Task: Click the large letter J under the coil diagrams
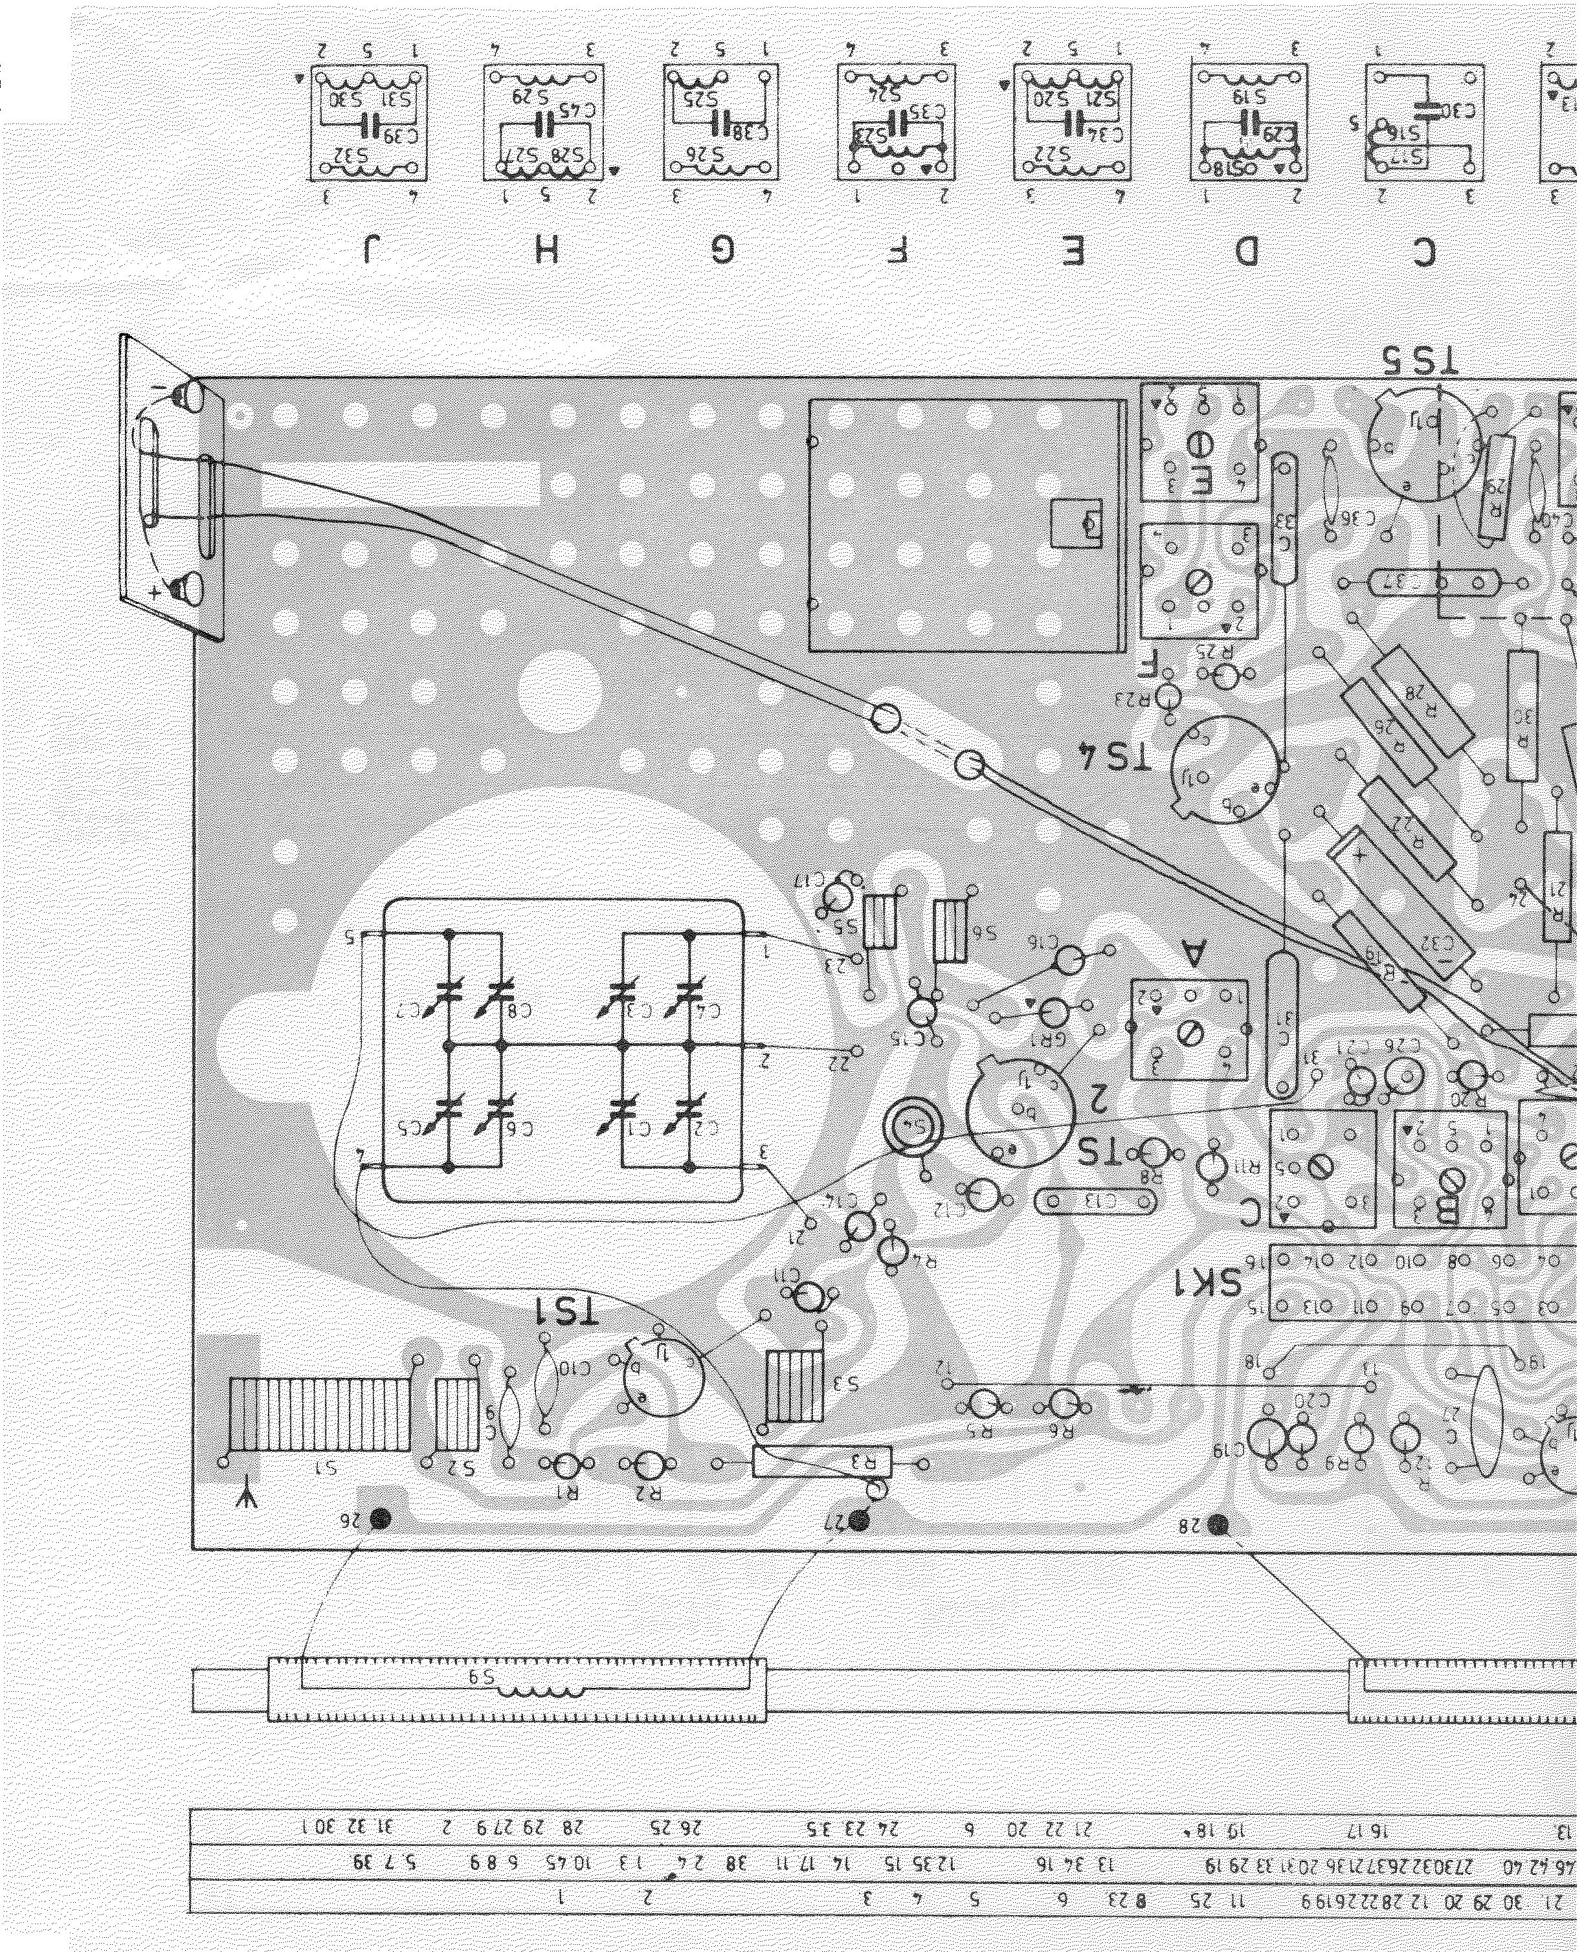point(372,250)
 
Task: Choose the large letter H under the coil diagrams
point(548,250)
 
